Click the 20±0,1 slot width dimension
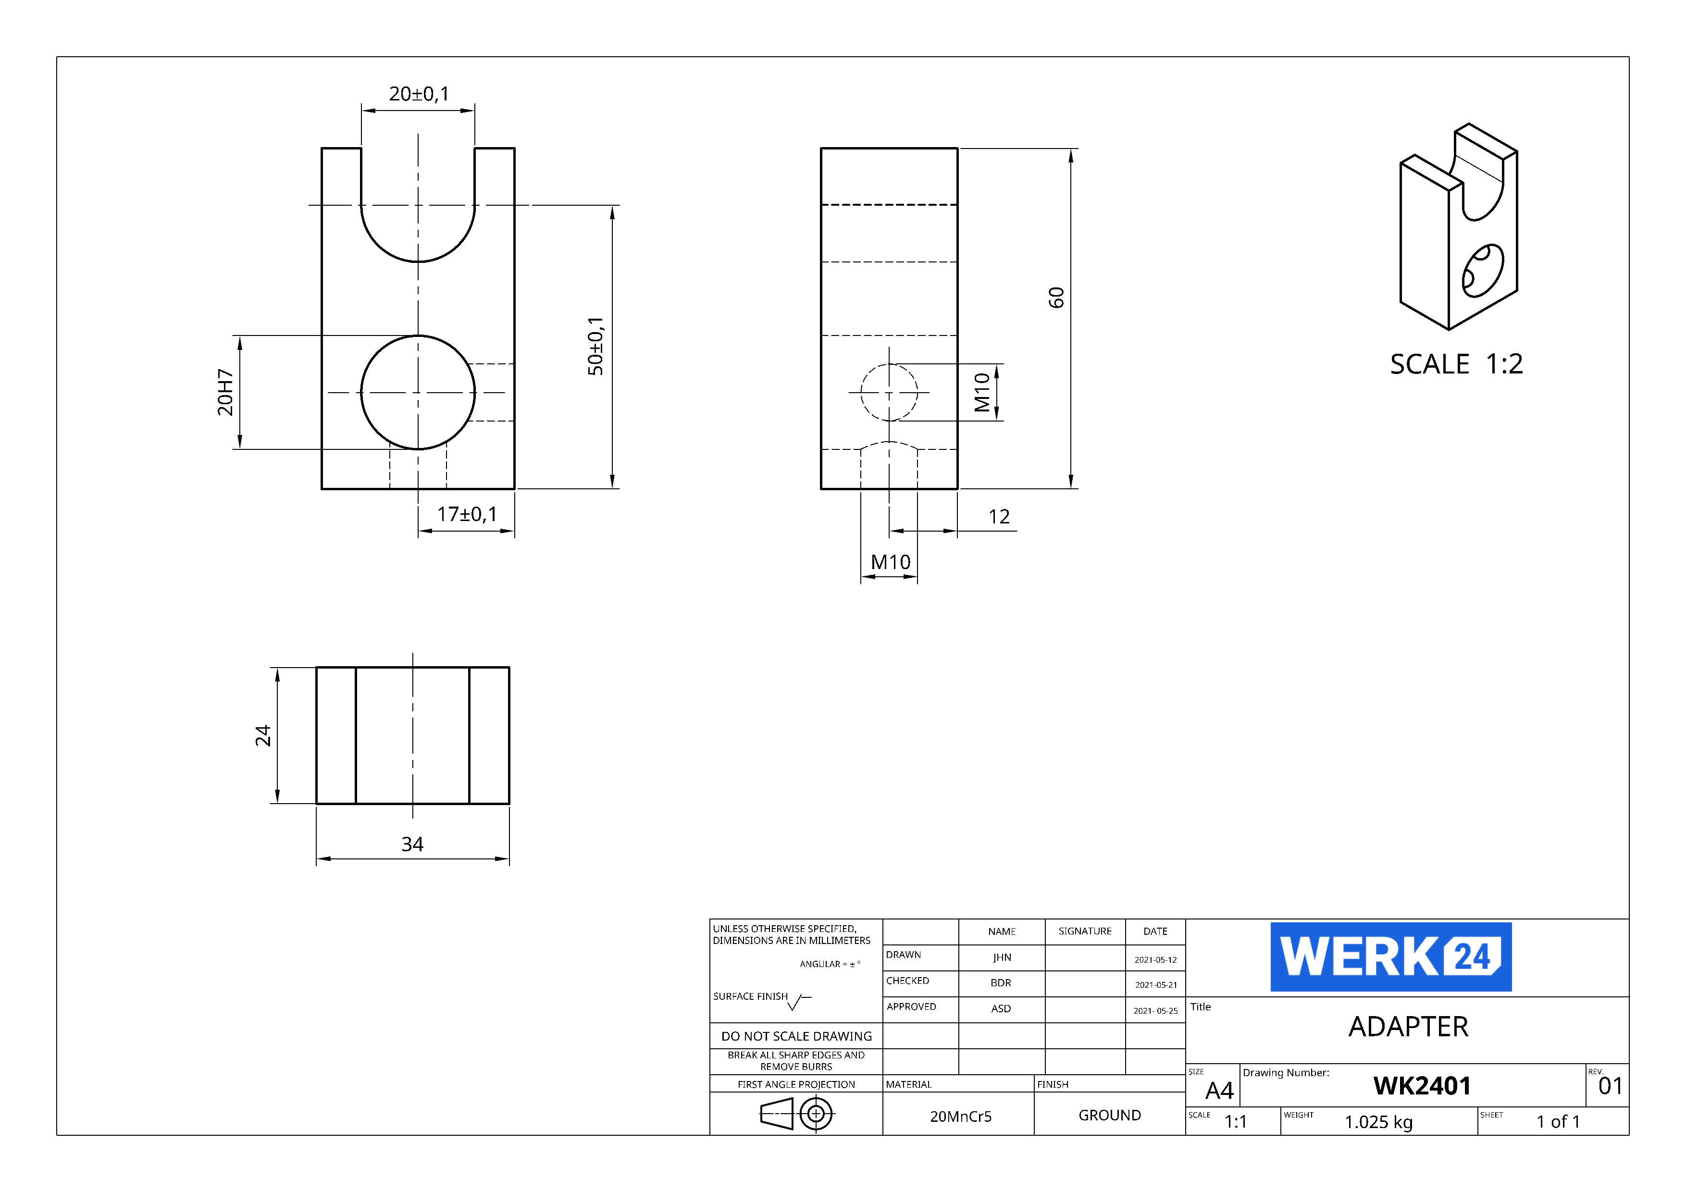(419, 94)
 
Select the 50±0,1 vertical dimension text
(595, 346)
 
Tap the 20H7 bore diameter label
(225, 392)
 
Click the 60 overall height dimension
(1056, 298)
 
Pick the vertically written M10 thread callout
(982, 392)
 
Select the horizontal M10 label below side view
(890, 562)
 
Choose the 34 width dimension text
(412, 844)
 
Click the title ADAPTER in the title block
(1408, 1027)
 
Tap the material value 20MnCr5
(960, 1117)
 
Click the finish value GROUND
(1110, 1115)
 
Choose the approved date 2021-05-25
(1155, 1011)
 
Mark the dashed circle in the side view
(889, 393)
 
